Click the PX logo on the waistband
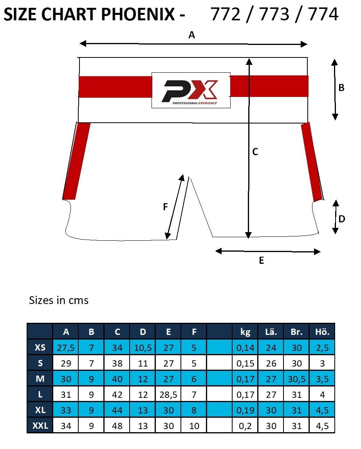pyautogui.click(x=191, y=90)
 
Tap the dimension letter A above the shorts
pyautogui.click(x=191, y=35)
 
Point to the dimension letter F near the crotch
pyautogui.click(x=165, y=207)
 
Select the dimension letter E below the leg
pyautogui.click(x=262, y=260)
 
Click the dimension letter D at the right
pyautogui.click(x=342, y=219)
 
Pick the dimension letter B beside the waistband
pyautogui.click(x=341, y=88)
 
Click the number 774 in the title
pyautogui.click(x=323, y=14)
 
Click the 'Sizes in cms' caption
pyautogui.click(x=59, y=300)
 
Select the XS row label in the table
pyautogui.click(x=40, y=347)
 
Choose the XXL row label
pyautogui.click(x=40, y=426)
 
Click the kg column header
pyautogui.click(x=245, y=332)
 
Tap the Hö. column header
pyautogui.click(x=322, y=332)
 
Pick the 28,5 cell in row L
pyautogui.click(x=168, y=395)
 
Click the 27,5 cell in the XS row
pyautogui.click(x=66, y=347)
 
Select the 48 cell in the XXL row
pyautogui.click(x=117, y=426)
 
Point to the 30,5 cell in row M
pyautogui.click(x=296, y=379)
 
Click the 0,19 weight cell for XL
pyautogui.click(x=245, y=410)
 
